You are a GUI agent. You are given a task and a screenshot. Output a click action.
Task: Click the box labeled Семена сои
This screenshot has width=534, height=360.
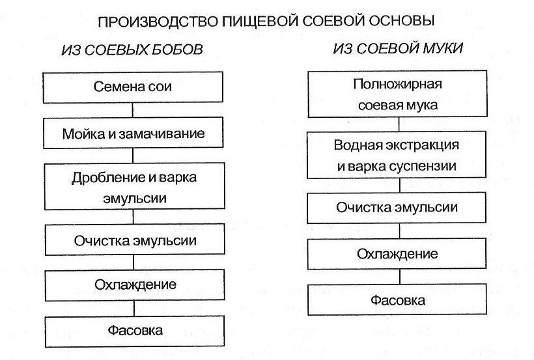click(x=133, y=87)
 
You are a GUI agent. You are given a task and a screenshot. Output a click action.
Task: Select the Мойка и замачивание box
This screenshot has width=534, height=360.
click(x=133, y=135)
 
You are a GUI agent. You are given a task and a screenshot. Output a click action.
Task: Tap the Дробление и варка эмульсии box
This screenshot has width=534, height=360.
click(x=133, y=187)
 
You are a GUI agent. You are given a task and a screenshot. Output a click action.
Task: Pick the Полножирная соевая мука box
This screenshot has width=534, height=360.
click(x=397, y=94)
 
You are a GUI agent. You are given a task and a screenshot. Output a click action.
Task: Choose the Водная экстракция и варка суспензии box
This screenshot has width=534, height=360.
click(x=397, y=155)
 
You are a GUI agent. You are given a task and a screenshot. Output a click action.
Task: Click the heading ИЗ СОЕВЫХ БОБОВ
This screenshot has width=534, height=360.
click(x=132, y=49)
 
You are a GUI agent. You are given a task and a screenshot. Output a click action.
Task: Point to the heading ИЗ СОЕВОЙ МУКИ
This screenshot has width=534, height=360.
click(x=397, y=49)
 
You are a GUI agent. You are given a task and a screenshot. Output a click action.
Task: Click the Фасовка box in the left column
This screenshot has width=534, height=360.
click(x=135, y=331)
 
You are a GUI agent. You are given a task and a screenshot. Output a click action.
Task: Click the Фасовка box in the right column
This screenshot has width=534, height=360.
click(x=398, y=300)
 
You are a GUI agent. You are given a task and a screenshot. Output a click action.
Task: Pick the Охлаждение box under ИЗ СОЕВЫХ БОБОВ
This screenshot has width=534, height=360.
click(x=135, y=285)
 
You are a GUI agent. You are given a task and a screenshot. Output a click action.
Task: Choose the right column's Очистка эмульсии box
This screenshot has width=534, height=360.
click(x=397, y=208)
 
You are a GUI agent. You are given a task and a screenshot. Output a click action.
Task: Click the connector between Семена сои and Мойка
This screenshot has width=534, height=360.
click(x=133, y=111)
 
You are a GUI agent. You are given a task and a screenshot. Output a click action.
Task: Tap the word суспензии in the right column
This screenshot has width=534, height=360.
click(x=425, y=165)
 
